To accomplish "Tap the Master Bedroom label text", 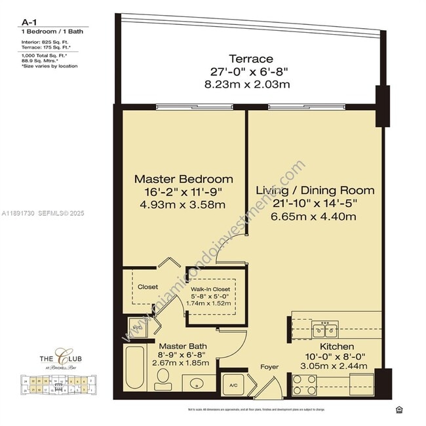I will (184, 179).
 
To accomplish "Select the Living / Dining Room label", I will (315, 191).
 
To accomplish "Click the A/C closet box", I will (233, 385).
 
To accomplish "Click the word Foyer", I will (270, 367).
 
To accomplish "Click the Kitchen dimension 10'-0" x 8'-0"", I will (338, 357).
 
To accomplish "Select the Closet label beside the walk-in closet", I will (147, 286).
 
